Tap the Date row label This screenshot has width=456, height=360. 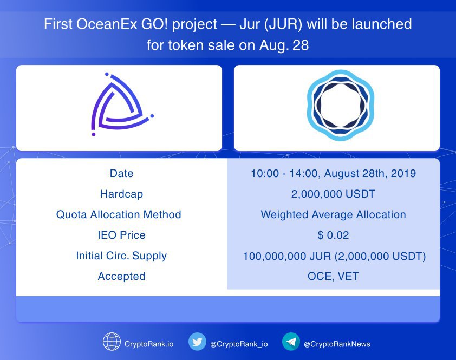tap(121, 174)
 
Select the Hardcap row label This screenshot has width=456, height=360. tap(121, 194)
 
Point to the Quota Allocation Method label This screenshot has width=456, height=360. tap(119, 214)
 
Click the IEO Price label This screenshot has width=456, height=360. tap(121, 235)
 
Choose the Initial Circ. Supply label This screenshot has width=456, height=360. tap(121, 256)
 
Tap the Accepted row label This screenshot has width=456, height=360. tap(121, 276)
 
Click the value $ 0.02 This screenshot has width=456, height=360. tap(333, 235)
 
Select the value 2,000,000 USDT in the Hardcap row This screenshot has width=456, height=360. tap(333, 194)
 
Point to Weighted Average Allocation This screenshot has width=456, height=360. tap(333, 214)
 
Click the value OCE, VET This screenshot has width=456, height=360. tap(333, 276)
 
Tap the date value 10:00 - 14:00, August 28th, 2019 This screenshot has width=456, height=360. tap(333, 174)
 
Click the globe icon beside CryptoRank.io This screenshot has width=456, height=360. tap(112, 342)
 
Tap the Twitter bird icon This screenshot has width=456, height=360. tap(197, 342)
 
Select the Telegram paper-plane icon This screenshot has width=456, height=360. tap(291, 342)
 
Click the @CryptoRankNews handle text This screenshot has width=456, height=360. tap(337, 344)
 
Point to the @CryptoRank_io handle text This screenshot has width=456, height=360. tap(239, 344)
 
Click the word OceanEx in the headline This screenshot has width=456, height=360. tap(107, 24)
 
